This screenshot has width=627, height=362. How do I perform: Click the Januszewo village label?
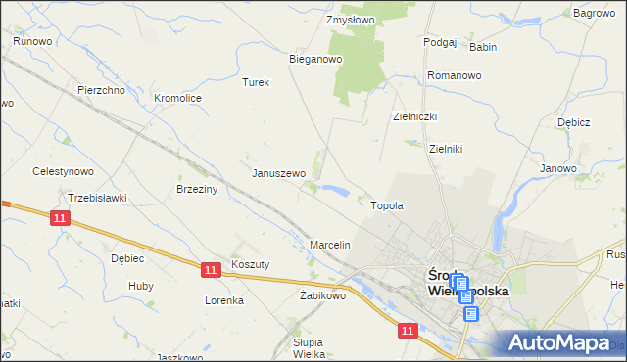(x=279, y=173)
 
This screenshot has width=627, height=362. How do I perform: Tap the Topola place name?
(x=387, y=206)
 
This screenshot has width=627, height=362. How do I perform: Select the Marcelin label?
(x=330, y=244)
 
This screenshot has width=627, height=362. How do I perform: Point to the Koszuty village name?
(x=250, y=264)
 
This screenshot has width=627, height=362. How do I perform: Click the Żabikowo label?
(x=323, y=294)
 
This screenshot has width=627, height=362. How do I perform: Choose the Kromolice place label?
(x=178, y=98)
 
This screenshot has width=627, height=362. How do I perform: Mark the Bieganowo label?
(x=314, y=59)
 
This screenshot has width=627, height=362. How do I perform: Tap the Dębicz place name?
(x=573, y=123)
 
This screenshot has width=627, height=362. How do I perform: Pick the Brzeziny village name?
(x=194, y=189)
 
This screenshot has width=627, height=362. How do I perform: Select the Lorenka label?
(x=224, y=300)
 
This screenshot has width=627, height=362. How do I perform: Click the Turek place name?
(x=256, y=83)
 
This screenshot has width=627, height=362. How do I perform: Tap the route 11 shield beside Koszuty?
(x=211, y=268)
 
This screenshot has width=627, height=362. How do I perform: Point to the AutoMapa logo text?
(x=562, y=343)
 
